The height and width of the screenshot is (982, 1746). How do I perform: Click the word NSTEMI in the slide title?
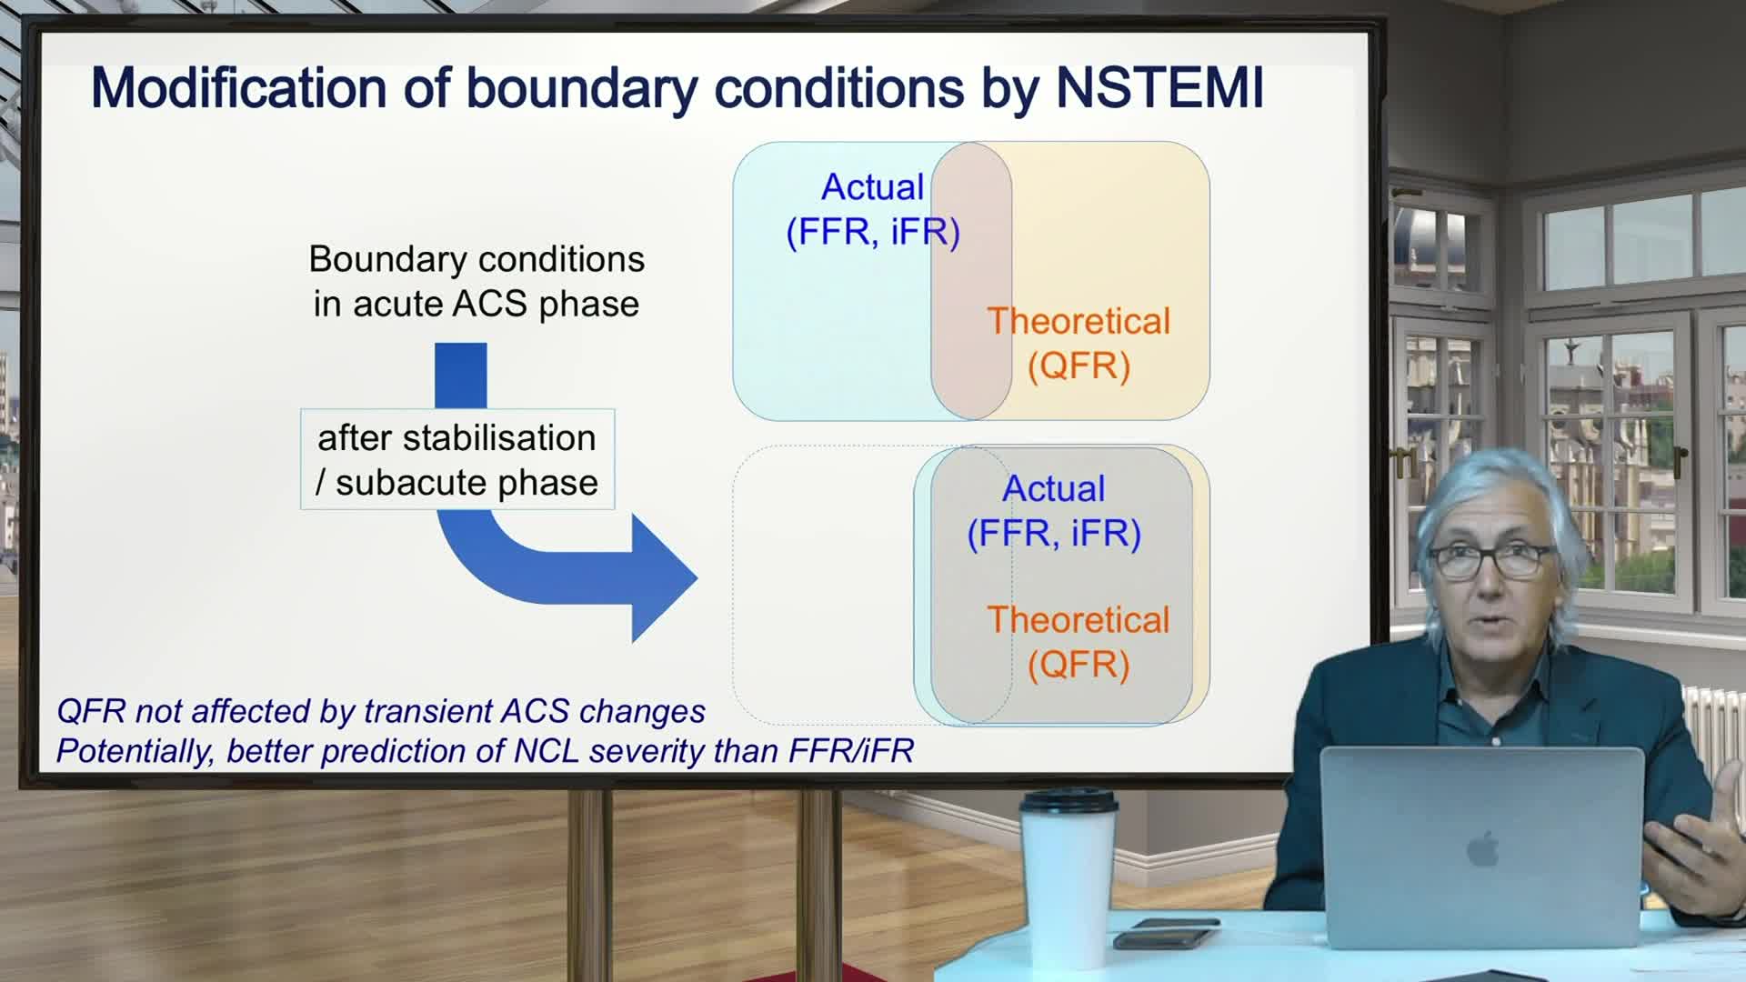[x=1159, y=88]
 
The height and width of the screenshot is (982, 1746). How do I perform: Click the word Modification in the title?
[x=238, y=88]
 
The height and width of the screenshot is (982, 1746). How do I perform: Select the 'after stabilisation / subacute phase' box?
[x=457, y=460]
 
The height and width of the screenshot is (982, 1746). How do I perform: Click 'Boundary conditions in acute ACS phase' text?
[x=477, y=281]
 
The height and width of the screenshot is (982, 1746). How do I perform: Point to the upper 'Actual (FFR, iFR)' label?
[x=872, y=209]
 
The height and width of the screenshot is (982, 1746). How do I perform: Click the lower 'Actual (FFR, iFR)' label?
[x=1053, y=510]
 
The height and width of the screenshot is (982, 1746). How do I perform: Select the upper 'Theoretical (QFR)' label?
[x=1079, y=343]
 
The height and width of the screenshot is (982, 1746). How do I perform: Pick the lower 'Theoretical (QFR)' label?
[x=1079, y=641]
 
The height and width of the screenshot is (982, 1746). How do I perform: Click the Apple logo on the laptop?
[x=1482, y=850]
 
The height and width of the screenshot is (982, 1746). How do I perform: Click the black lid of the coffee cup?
[x=1068, y=800]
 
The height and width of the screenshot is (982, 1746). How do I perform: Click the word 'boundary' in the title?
[x=582, y=88]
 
